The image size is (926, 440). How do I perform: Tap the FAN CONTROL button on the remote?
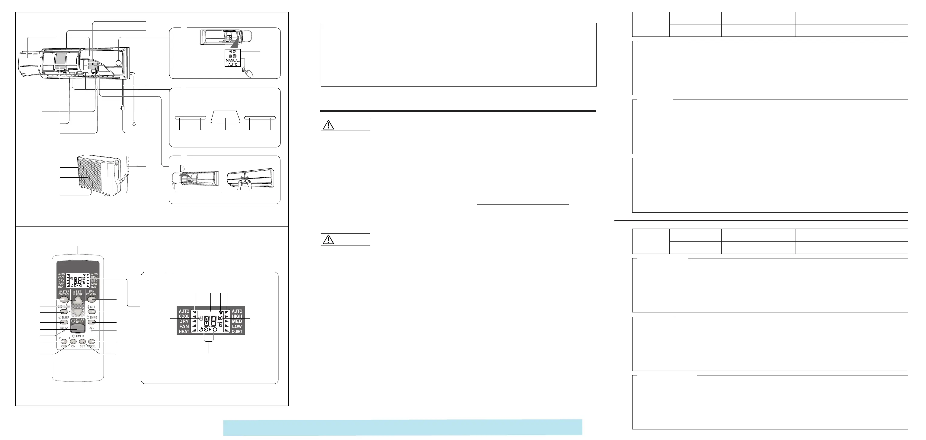(91, 299)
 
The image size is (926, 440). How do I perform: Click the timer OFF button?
(64, 341)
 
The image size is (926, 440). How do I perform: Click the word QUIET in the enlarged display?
(237, 331)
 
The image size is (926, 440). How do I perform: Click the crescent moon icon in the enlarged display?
(200, 329)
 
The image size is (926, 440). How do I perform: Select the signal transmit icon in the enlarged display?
(220, 312)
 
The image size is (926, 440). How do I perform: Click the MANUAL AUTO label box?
(232, 58)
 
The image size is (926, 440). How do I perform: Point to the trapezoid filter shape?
(225, 116)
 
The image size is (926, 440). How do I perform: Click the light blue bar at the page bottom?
(402, 427)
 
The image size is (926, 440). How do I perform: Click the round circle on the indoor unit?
(118, 63)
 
